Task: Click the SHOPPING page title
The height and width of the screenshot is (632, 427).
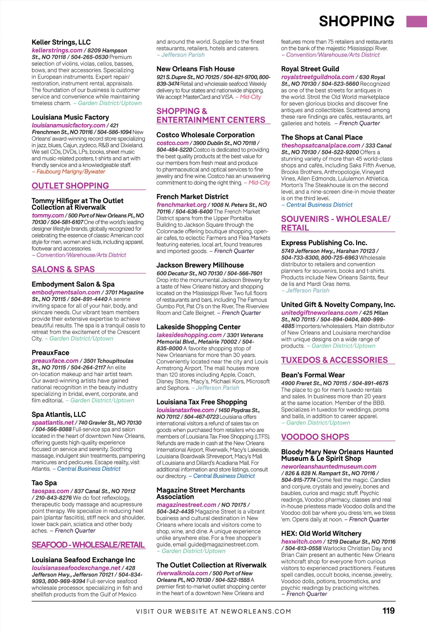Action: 357,21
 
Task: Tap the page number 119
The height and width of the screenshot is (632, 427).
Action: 389,611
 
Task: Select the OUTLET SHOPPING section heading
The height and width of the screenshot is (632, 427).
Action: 70,186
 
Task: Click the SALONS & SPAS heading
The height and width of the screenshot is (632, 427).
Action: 63,269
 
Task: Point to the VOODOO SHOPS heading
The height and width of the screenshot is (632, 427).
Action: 315,437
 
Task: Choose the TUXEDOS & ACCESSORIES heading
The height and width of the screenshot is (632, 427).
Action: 334,360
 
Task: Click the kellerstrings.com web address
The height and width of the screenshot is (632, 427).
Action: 57,51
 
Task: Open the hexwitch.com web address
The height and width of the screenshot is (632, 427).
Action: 301,542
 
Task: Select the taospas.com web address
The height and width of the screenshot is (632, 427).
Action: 51,491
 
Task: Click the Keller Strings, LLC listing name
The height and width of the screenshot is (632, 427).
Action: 61,42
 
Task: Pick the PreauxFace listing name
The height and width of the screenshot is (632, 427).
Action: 51,353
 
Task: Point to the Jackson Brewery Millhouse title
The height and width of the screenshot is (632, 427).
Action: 200,265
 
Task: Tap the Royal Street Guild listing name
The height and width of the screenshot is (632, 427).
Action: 310,69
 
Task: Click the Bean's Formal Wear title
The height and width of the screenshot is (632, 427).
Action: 313,375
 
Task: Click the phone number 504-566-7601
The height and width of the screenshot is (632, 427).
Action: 245,273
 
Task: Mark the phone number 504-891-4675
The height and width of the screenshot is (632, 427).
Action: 370,383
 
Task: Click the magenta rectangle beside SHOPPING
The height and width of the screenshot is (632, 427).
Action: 416,21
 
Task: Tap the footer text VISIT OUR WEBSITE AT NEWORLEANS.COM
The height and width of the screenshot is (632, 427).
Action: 213,611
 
